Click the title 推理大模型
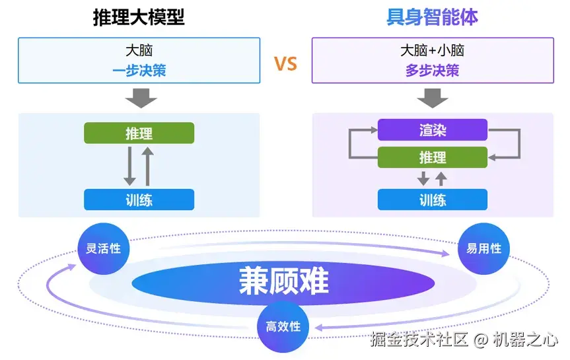coord(139,17)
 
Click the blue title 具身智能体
coord(432,17)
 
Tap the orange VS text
coord(285,63)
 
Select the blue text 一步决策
coord(139,71)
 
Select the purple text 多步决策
coord(432,71)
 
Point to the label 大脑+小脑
coord(432,50)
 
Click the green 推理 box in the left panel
coord(139,133)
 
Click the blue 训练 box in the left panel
coord(139,199)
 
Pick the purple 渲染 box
coord(433,130)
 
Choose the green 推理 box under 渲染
coord(433,157)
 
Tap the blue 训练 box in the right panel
coord(433,199)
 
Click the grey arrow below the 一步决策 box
coord(141,98)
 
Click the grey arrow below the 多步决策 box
coord(433,98)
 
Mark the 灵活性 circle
coord(104,249)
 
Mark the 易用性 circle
coord(484,249)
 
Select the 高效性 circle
coord(283,326)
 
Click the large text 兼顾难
coord(284,281)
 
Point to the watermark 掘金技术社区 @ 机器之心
coord(464,340)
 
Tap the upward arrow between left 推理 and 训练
coord(147,166)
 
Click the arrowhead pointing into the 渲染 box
coord(374,130)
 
